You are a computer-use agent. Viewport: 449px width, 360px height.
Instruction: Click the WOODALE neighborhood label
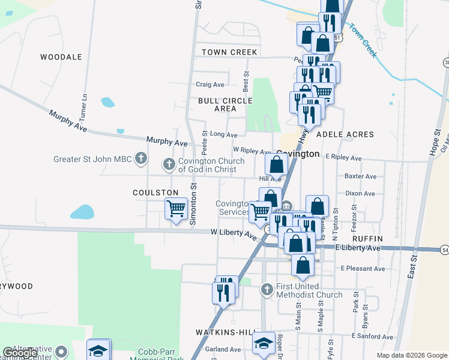61,57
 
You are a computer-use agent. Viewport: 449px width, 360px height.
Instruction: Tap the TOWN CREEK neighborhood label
229,52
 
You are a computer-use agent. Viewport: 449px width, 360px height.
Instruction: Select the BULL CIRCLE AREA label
226,104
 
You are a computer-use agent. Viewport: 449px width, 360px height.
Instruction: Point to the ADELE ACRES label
345,135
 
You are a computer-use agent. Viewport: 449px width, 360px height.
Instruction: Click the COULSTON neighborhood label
156,193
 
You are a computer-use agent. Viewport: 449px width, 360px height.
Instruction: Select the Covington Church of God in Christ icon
169,163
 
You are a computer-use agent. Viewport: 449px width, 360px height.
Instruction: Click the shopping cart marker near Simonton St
175,209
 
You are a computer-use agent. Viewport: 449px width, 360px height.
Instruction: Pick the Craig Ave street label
210,85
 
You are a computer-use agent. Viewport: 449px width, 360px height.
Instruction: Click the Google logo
20,353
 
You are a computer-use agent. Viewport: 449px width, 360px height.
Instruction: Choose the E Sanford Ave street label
372,337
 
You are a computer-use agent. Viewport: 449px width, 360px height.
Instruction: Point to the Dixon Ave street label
360,194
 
